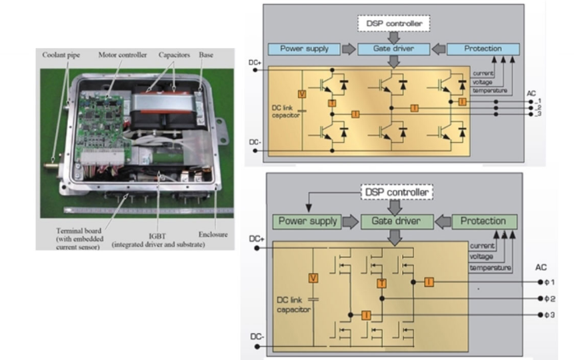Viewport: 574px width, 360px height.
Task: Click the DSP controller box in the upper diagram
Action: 395,23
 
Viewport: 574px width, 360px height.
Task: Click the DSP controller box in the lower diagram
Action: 397,193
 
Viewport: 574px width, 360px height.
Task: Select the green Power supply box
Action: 307,221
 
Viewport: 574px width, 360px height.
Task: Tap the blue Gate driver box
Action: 395,49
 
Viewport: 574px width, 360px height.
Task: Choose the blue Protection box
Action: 483,49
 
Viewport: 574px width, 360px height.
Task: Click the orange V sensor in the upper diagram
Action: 301,94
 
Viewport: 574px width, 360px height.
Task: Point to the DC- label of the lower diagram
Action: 257,337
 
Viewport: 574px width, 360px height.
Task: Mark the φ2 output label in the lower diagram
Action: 549,299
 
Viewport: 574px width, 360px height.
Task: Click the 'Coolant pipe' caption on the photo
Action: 61,55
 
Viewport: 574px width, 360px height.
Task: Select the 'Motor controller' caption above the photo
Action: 121,55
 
